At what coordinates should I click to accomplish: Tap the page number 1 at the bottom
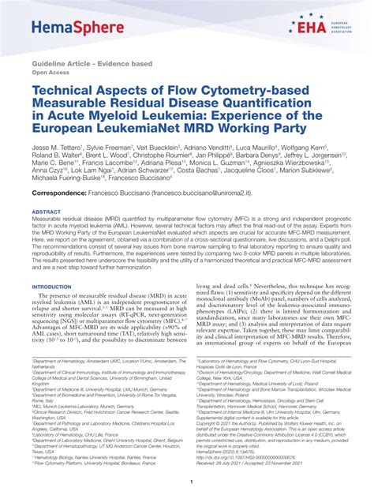tap(186, 481)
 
